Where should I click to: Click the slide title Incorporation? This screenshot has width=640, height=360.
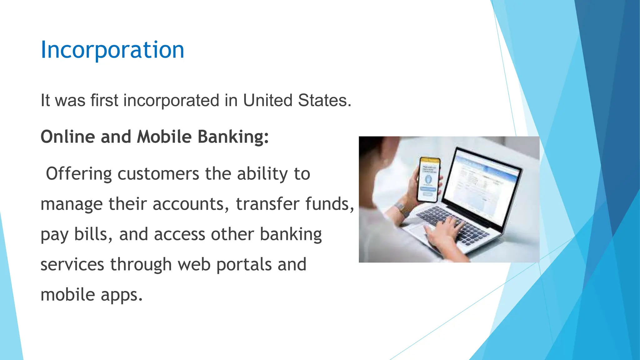click(x=112, y=50)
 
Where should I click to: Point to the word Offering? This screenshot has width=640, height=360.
click(x=79, y=174)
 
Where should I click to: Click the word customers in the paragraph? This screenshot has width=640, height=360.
click(x=158, y=174)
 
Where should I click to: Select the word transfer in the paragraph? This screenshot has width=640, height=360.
click(x=267, y=204)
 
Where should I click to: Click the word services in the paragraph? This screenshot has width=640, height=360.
click(x=72, y=265)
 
